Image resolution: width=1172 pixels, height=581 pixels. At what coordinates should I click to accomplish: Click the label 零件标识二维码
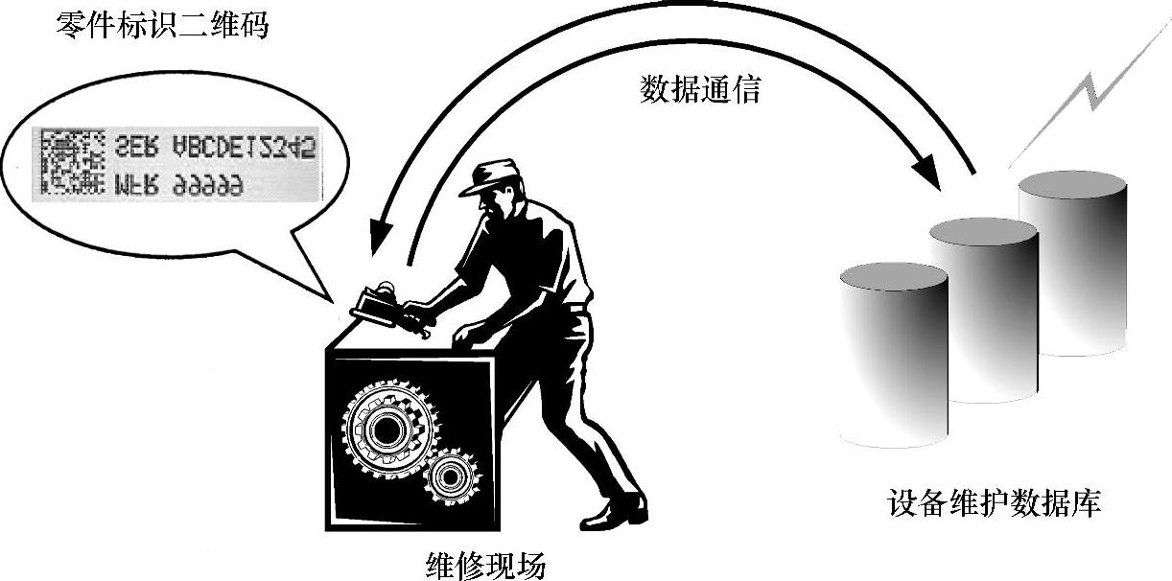[163, 25]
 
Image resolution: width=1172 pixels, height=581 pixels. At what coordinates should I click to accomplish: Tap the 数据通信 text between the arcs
[699, 90]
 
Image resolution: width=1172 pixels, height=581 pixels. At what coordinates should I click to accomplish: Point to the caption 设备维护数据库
[994, 503]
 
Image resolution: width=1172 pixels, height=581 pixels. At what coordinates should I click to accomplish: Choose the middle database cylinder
[983, 307]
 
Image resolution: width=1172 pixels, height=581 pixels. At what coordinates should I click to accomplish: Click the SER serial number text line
[215, 147]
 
